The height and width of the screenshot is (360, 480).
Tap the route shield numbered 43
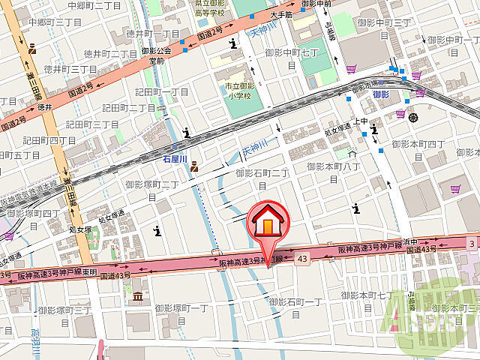pos(302,259)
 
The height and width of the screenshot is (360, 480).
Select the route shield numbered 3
pos(471,243)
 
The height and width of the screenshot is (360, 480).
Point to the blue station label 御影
pos(380,94)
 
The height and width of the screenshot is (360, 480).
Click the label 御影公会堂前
pos(156,55)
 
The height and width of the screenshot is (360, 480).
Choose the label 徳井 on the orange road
pos(45,107)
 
